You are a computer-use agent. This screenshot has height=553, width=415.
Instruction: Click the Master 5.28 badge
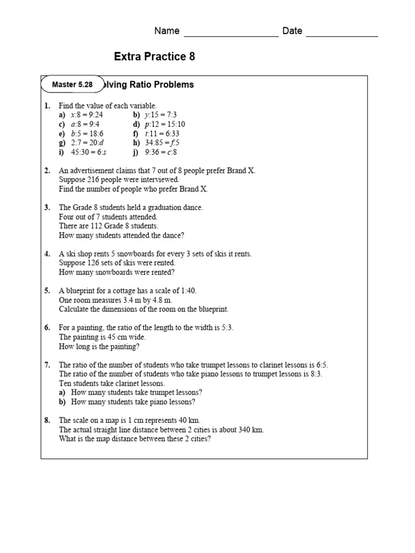tap(72, 85)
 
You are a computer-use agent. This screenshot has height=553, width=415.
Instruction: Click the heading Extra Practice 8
tap(155, 57)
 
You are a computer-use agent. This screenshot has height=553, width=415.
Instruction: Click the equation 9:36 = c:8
tap(161, 152)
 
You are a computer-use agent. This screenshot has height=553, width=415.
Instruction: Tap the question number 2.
tap(47, 171)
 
